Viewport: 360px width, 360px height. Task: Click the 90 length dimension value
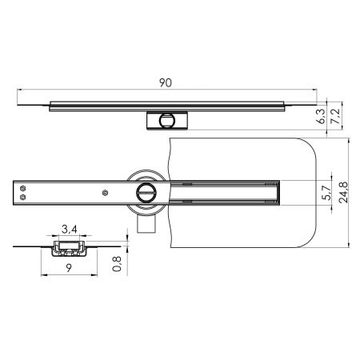pos(166,82)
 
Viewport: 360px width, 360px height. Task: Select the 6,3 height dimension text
pos(321,118)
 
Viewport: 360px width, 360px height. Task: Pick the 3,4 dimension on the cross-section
pos(70,231)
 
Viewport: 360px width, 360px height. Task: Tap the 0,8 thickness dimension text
pos(118,264)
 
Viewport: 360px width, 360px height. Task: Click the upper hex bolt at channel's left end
pos(25,188)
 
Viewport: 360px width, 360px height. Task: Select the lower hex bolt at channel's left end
pos(25,198)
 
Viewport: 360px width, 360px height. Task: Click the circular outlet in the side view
pos(166,121)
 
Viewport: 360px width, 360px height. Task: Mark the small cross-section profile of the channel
pos(67,247)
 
